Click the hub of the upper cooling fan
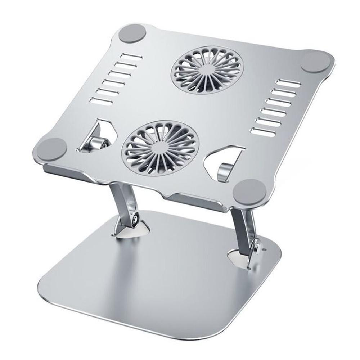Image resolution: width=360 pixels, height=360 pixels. pos(207,69)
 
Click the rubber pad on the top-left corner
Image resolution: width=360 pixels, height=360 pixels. pos(133,33)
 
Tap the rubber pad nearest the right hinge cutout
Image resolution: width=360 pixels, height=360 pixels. pos(250,190)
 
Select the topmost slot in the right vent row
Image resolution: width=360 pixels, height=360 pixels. pos(290,83)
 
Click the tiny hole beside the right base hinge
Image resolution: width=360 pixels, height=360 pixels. pos(265,249)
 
